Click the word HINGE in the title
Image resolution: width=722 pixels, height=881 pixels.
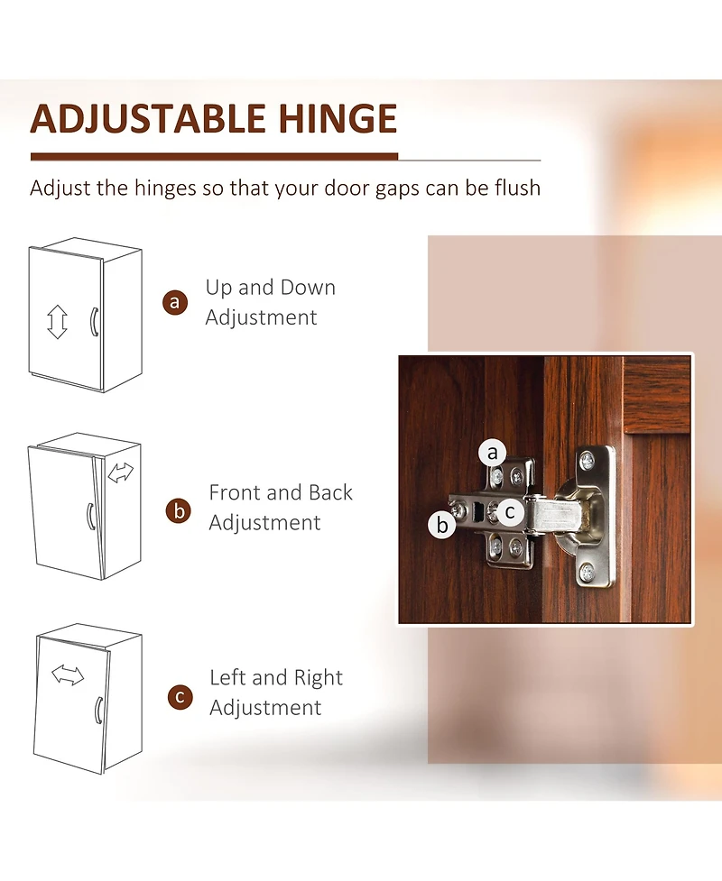338,118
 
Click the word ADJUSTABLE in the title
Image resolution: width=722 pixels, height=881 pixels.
148,118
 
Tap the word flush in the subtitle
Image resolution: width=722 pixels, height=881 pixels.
518,188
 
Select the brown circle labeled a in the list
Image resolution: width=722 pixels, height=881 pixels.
175,302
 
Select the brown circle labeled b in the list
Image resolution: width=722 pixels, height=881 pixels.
179,511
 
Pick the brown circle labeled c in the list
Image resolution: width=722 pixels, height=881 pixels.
180,697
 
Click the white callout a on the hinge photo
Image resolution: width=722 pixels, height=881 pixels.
493,453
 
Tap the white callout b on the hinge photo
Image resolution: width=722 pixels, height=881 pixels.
442,525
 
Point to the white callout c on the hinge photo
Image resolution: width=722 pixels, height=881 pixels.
510,512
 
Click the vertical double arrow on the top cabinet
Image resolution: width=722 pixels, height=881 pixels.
57,322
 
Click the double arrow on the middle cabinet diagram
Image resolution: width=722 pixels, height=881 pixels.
120,473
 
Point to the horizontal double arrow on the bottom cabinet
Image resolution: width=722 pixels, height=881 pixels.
68,675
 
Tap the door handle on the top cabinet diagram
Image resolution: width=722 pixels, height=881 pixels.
94,322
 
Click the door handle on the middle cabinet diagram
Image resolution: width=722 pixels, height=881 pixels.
90,517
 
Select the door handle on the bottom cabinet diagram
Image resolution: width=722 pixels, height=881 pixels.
98,711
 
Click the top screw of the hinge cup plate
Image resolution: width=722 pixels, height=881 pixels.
587,462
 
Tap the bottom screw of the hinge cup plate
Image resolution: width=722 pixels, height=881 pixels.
587,573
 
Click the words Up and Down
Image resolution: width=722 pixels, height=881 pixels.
271,287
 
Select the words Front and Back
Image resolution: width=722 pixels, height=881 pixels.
281,492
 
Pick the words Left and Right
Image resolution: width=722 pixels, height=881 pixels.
276,677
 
